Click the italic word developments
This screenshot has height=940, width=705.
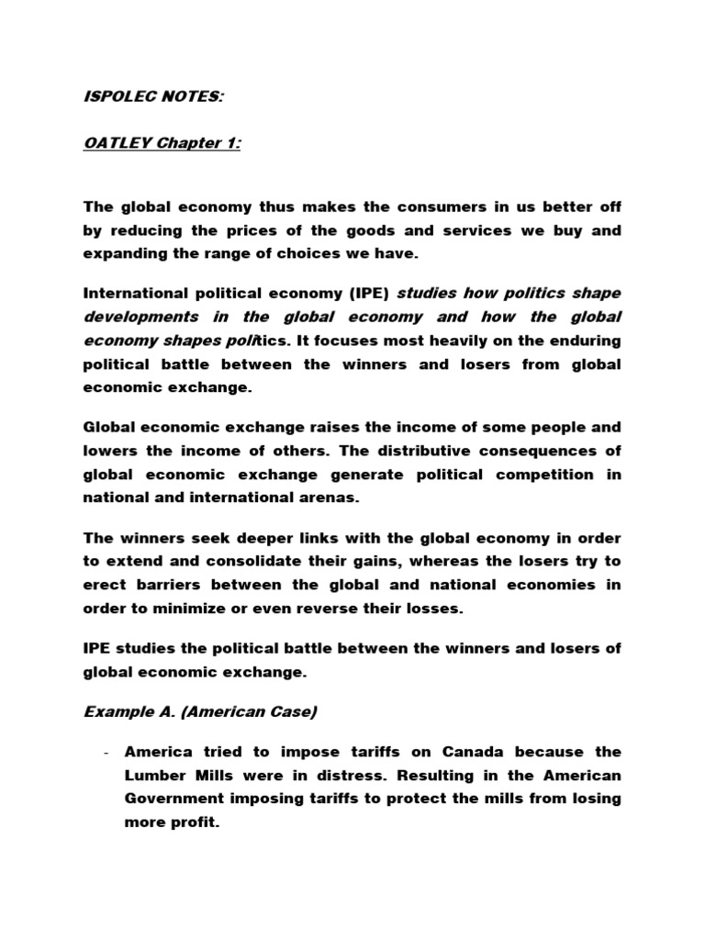(140, 317)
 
